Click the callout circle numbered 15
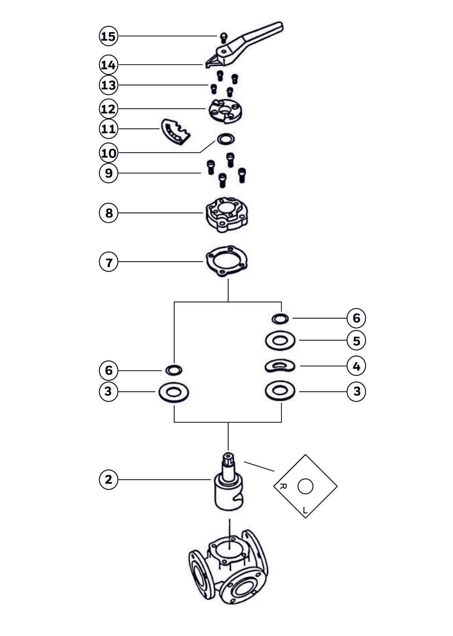coord(108,36)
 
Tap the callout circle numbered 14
coord(108,65)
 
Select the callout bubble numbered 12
coord(108,108)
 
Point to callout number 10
coord(108,153)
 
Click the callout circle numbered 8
coord(108,213)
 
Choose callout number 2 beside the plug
coord(108,479)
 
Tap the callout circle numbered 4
coord(356,366)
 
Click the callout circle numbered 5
coord(356,341)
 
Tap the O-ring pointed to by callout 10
coord(225,139)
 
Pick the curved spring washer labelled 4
coord(280,366)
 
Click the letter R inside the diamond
coord(283,486)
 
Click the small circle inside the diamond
coord(305,487)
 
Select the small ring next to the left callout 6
coord(174,370)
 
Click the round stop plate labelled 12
coord(225,111)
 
